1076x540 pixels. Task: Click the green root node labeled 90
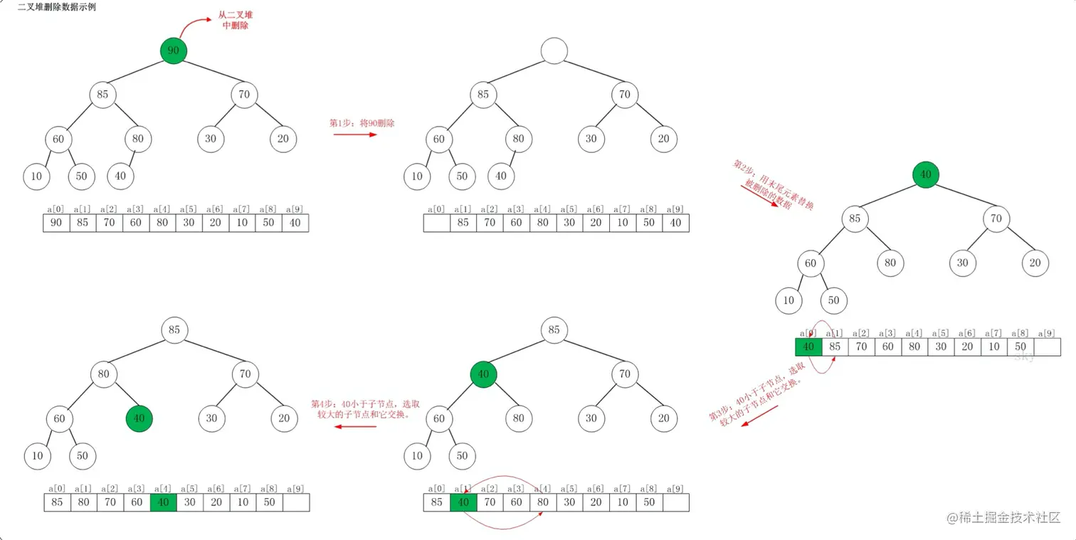(x=174, y=51)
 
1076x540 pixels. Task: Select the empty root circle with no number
(x=554, y=51)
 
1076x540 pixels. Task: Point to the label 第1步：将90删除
(x=362, y=123)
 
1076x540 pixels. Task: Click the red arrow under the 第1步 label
(x=355, y=134)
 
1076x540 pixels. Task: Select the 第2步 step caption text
(x=773, y=184)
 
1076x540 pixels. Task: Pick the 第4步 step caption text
(x=365, y=409)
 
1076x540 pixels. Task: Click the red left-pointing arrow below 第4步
(x=355, y=427)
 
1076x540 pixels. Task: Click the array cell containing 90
(x=56, y=223)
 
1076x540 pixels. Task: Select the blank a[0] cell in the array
(x=437, y=223)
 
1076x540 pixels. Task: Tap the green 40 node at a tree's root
(x=926, y=174)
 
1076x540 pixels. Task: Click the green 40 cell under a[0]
(x=808, y=347)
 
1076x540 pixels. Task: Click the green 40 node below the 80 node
(x=139, y=418)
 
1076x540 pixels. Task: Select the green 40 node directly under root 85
(x=483, y=374)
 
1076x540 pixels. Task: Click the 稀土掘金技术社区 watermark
(x=1003, y=517)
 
